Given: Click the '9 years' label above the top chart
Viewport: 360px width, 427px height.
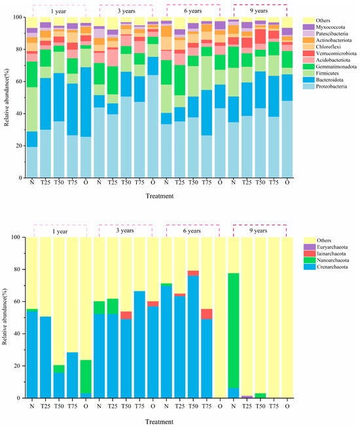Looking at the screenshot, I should (x=260, y=10).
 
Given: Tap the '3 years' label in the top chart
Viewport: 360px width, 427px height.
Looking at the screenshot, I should (x=126, y=10).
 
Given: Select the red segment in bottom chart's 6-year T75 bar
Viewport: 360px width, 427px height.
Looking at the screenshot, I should (x=206, y=314).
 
